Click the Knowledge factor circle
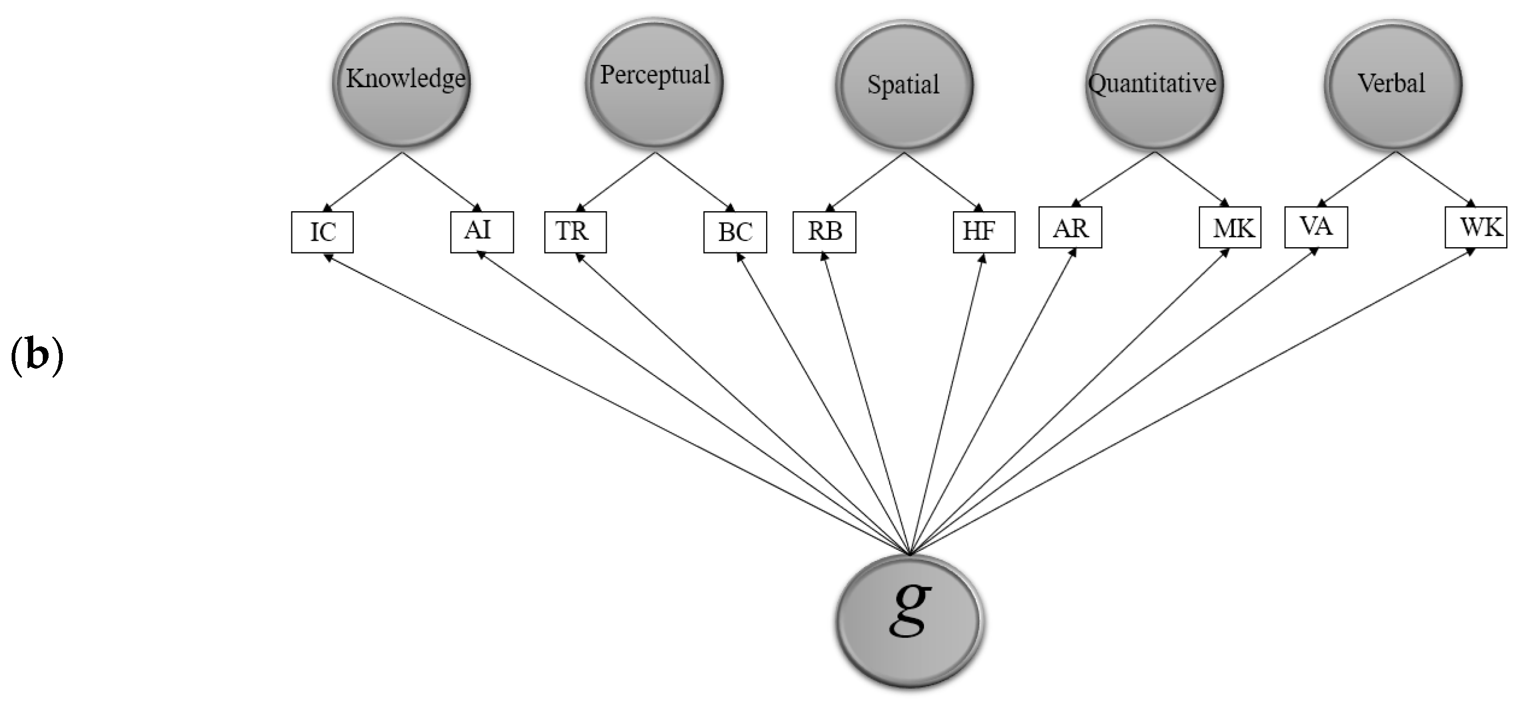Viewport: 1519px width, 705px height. (x=402, y=82)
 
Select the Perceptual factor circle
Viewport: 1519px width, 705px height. (x=654, y=82)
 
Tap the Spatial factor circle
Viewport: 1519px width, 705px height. (x=903, y=86)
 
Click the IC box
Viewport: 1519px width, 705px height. (x=323, y=232)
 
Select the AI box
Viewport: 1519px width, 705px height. (x=482, y=232)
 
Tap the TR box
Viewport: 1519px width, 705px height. (x=575, y=232)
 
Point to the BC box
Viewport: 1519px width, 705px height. (x=735, y=232)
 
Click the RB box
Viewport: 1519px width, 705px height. (x=824, y=232)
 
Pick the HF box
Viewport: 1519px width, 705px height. (x=984, y=232)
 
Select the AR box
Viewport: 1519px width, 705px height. (x=1070, y=227)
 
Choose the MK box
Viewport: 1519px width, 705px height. (x=1230, y=227)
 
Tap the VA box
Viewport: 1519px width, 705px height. (x=1316, y=227)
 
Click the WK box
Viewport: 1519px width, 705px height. (x=1475, y=227)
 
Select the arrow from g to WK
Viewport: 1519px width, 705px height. (x=1191, y=401)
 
